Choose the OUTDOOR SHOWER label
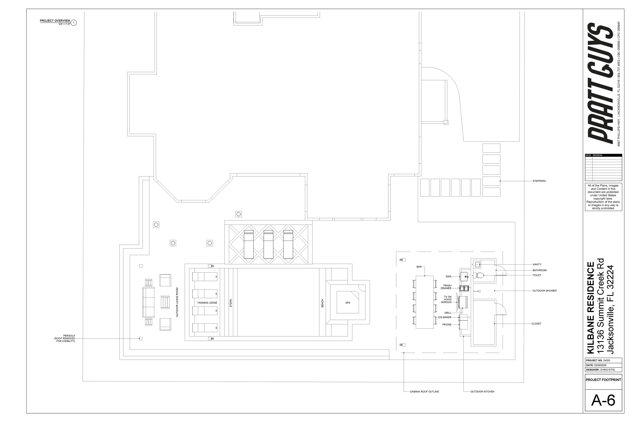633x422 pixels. pos(544,291)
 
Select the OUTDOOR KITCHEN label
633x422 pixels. pos(482,392)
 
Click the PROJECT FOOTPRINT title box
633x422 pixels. pos(603,380)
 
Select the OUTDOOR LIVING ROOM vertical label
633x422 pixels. pos(177,302)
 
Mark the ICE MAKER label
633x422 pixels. pos(445,317)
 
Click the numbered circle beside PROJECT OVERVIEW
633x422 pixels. pos(73,23)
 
